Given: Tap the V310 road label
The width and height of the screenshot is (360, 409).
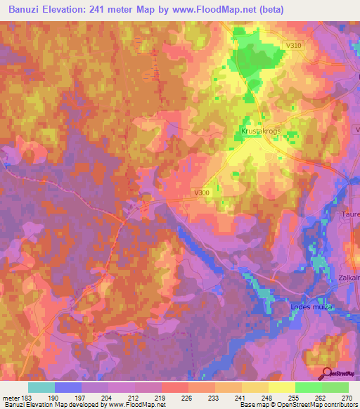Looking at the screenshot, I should point(295,46).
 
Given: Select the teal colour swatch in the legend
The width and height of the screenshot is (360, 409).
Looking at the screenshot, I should point(41,387).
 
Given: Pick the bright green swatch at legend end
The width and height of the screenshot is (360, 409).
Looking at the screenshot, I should point(335,387).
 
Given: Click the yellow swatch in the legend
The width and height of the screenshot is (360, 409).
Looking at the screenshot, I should point(282,387).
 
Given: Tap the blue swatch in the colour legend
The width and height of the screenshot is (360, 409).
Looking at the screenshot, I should point(68,387).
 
